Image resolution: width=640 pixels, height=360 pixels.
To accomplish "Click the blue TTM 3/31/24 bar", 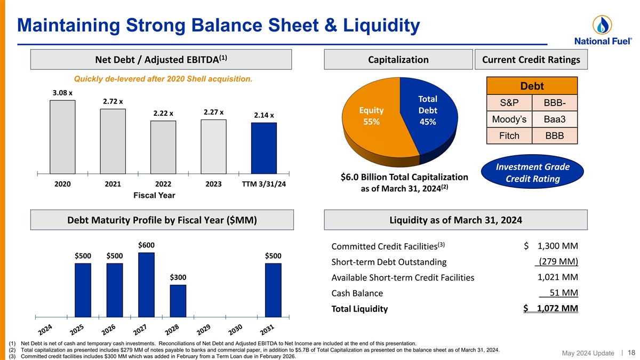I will (x=264, y=148).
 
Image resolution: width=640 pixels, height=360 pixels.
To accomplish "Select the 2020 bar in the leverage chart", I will (x=62, y=137).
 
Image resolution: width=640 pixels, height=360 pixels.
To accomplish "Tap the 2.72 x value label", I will (x=113, y=101).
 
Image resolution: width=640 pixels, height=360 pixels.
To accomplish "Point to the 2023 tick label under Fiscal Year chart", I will (x=213, y=184).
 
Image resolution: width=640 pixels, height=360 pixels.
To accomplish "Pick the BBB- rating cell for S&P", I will (x=555, y=103).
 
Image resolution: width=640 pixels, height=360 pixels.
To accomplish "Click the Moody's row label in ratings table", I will (x=509, y=119).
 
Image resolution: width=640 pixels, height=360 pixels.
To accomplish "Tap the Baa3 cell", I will (x=555, y=119).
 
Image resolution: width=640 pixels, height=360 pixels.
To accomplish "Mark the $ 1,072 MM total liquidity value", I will (x=551, y=308).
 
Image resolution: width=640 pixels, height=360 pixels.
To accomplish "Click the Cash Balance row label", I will (x=357, y=293).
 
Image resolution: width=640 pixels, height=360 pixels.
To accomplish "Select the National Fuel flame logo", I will (x=602, y=24).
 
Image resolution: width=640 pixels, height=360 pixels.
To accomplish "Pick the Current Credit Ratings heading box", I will (x=531, y=60).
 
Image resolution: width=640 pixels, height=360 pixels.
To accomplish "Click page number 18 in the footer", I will (x=631, y=353).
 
